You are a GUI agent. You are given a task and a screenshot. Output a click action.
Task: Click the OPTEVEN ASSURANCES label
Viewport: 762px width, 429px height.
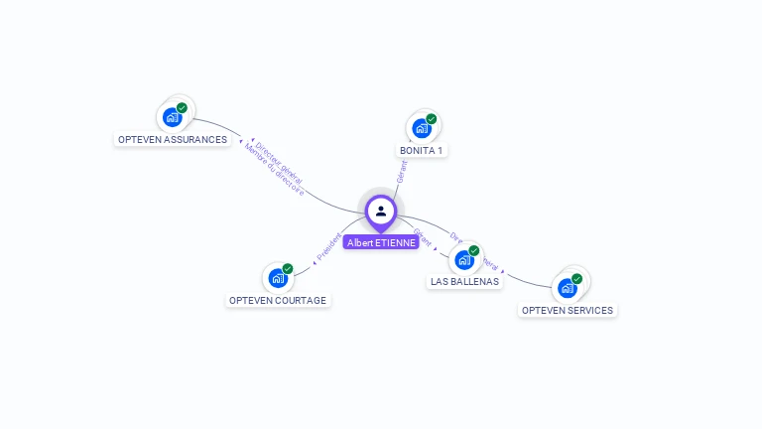point(173,140)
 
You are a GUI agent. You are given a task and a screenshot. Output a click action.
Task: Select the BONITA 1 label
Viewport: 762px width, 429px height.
point(422,151)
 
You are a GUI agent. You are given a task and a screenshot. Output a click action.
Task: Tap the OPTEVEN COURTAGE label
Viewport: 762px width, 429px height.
point(277,300)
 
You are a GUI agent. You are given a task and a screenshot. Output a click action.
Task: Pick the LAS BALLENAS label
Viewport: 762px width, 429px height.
point(464,282)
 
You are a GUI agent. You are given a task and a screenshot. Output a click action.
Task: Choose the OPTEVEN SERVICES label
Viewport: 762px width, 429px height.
point(568,310)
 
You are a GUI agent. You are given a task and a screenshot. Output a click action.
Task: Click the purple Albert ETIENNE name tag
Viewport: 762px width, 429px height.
point(381,242)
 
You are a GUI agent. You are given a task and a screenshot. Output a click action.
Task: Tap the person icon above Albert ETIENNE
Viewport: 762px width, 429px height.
point(381,211)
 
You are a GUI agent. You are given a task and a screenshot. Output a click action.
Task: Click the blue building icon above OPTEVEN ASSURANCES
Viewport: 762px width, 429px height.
point(173,117)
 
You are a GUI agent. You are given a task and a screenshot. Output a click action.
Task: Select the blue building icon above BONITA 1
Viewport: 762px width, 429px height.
point(422,128)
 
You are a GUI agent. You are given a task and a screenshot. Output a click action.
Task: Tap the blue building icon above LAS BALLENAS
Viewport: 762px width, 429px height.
point(463,260)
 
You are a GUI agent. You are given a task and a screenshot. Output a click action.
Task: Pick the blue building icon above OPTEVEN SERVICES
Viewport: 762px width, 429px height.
point(567,288)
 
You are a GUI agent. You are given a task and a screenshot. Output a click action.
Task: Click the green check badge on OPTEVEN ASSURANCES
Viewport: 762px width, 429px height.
point(182,107)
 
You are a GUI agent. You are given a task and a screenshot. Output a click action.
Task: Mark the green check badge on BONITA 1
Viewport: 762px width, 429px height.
point(432,119)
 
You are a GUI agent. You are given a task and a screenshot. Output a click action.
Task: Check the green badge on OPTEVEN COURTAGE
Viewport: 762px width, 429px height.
point(288,268)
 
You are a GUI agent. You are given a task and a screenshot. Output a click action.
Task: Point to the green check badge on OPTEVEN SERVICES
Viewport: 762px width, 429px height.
point(576,279)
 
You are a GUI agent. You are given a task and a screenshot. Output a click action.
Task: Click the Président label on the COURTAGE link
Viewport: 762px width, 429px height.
point(328,246)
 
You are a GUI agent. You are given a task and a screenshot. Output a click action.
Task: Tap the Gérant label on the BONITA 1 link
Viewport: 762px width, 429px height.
point(402,170)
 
